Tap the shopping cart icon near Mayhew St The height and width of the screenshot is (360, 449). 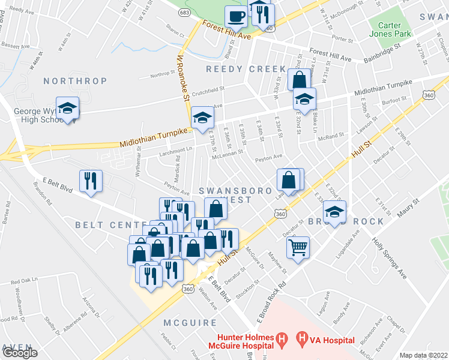pos(298,247)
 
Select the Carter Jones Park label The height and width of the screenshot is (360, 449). pos(394,29)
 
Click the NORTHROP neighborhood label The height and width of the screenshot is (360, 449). pos(75,81)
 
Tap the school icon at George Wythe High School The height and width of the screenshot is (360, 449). pos(67,109)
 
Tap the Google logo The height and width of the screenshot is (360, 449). pos(20,353)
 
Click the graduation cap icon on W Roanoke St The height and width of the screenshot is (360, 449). pos(202,118)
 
